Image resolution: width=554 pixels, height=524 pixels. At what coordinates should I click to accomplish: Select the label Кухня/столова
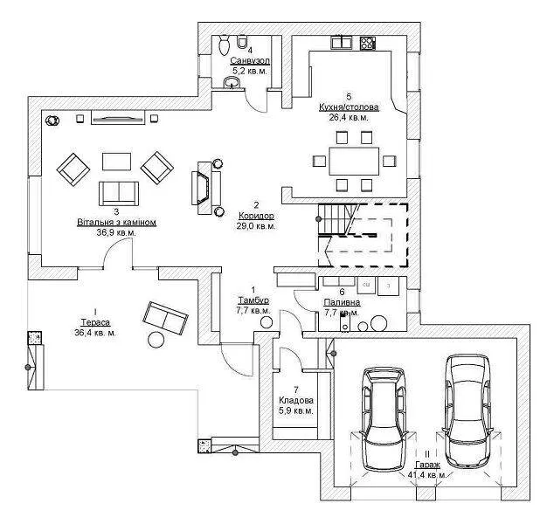(349, 107)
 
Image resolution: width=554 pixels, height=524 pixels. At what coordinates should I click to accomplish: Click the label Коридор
(256, 215)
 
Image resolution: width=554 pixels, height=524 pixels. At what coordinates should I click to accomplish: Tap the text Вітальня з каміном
(116, 223)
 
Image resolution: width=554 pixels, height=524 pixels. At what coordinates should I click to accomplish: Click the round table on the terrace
(157, 340)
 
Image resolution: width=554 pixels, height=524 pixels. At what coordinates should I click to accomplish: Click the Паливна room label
(343, 301)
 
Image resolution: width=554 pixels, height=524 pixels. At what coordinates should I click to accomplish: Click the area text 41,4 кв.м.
(427, 474)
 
